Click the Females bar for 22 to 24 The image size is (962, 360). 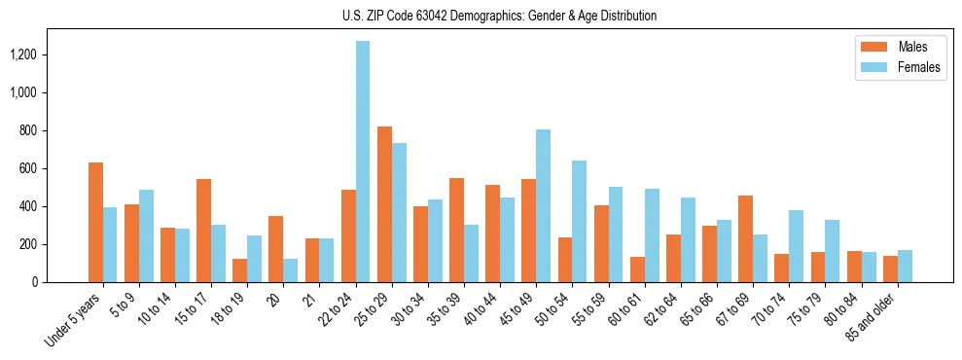point(363,162)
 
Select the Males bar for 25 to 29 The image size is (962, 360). point(384,204)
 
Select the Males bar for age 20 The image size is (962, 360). point(276,249)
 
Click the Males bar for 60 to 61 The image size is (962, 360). point(637,270)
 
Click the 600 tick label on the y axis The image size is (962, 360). point(39,168)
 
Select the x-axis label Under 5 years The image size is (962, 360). point(73,321)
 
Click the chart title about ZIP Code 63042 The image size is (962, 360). point(499,16)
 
